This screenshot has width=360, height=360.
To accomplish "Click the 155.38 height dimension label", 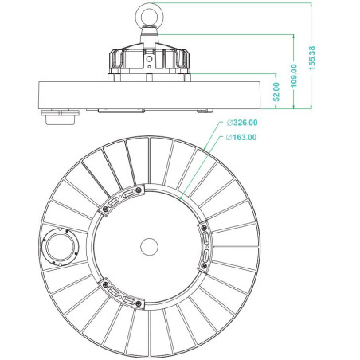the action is click(312, 58).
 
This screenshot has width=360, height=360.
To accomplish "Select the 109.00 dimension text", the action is click(294, 76).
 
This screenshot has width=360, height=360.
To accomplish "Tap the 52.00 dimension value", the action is click(276, 92).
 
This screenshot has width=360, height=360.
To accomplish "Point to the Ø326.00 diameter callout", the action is click(242, 123).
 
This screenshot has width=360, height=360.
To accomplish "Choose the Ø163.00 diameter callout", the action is click(241, 137).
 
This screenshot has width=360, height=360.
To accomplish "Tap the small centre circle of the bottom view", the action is click(149, 247).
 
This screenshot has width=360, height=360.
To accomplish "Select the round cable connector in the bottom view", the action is click(61, 247).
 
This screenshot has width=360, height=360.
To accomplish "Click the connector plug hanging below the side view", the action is click(61, 117).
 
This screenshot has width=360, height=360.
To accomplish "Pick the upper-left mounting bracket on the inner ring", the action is click(122, 199).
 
